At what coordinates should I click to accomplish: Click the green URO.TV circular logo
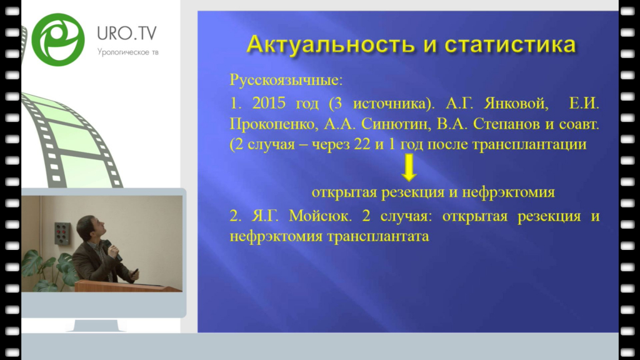[58, 39]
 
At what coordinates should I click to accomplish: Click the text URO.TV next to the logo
[126, 33]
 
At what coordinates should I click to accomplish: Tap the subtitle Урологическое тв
[127, 52]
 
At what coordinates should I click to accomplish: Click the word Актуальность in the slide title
[330, 44]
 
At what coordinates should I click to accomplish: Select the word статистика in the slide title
[510, 45]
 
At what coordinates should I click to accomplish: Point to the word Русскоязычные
[286, 80]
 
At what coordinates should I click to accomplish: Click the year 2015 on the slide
[269, 103]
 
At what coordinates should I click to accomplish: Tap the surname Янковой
[516, 103]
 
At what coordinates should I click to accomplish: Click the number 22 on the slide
[362, 144]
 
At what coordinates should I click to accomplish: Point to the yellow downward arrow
[409, 167]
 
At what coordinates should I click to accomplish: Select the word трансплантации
[529, 144]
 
